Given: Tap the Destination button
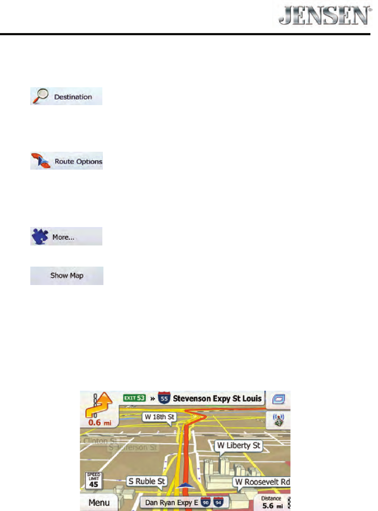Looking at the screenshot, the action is [66, 97].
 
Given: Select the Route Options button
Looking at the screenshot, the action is [66, 161].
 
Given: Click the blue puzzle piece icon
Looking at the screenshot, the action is [40, 237].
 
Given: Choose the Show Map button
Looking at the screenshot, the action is [66, 275].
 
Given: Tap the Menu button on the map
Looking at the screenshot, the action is [103, 502].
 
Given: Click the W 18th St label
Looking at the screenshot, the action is [159, 417].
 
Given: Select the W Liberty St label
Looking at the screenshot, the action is [238, 446].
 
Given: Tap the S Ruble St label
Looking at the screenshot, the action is [147, 480].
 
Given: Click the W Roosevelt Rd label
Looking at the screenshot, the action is [262, 481].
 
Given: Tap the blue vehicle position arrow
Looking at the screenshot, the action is [186, 485].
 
